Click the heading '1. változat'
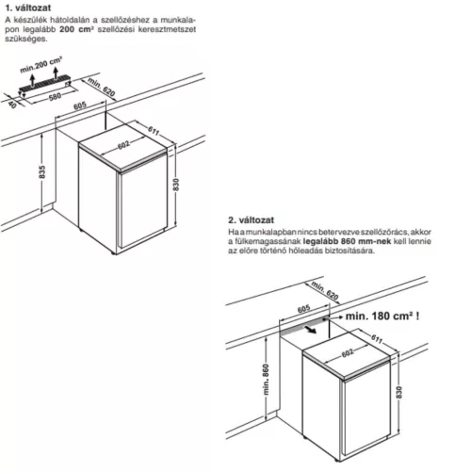[28, 8]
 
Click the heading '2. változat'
[251, 219]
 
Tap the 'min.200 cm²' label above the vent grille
[41, 65]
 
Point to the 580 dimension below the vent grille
[55, 96]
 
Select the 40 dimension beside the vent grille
[12, 104]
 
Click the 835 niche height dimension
[42, 171]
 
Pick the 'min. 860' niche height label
[266, 380]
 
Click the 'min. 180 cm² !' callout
[382, 316]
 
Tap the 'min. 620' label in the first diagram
[102, 87]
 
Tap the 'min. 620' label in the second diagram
[325, 290]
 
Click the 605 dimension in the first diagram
[80, 106]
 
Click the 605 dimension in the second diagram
[303, 309]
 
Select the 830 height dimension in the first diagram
[176, 185]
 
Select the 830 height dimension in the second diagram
[398, 393]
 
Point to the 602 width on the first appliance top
[123, 145]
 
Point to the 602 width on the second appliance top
[348, 353]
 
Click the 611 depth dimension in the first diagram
[154, 130]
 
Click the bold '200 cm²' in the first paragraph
[76, 29]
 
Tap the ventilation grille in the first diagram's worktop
[44, 82]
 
